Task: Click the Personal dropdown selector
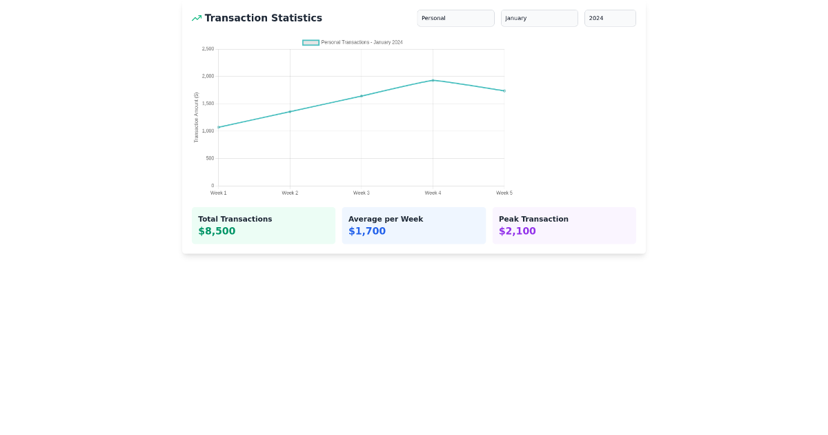[455, 18]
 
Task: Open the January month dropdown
[539, 18]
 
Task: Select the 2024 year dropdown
[610, 18]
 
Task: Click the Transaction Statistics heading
[263, 18]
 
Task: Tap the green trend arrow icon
[197, 18]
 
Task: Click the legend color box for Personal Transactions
[310, 43]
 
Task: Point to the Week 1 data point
[219, 127]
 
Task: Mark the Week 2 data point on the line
[290, 111]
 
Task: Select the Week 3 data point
[362, 96]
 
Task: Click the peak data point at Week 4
[433, 80]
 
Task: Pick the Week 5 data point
[504, 90]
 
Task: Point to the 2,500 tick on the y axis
[208, 49]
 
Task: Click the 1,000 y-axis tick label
[208, 131]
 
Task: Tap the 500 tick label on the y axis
[210, 158]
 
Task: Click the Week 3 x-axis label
[362, 193]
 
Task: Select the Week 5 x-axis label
[504, 193]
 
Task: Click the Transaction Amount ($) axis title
[196, 117]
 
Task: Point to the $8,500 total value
[217, 231]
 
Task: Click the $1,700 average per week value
[367, 231]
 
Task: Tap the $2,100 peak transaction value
[517, 231]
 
